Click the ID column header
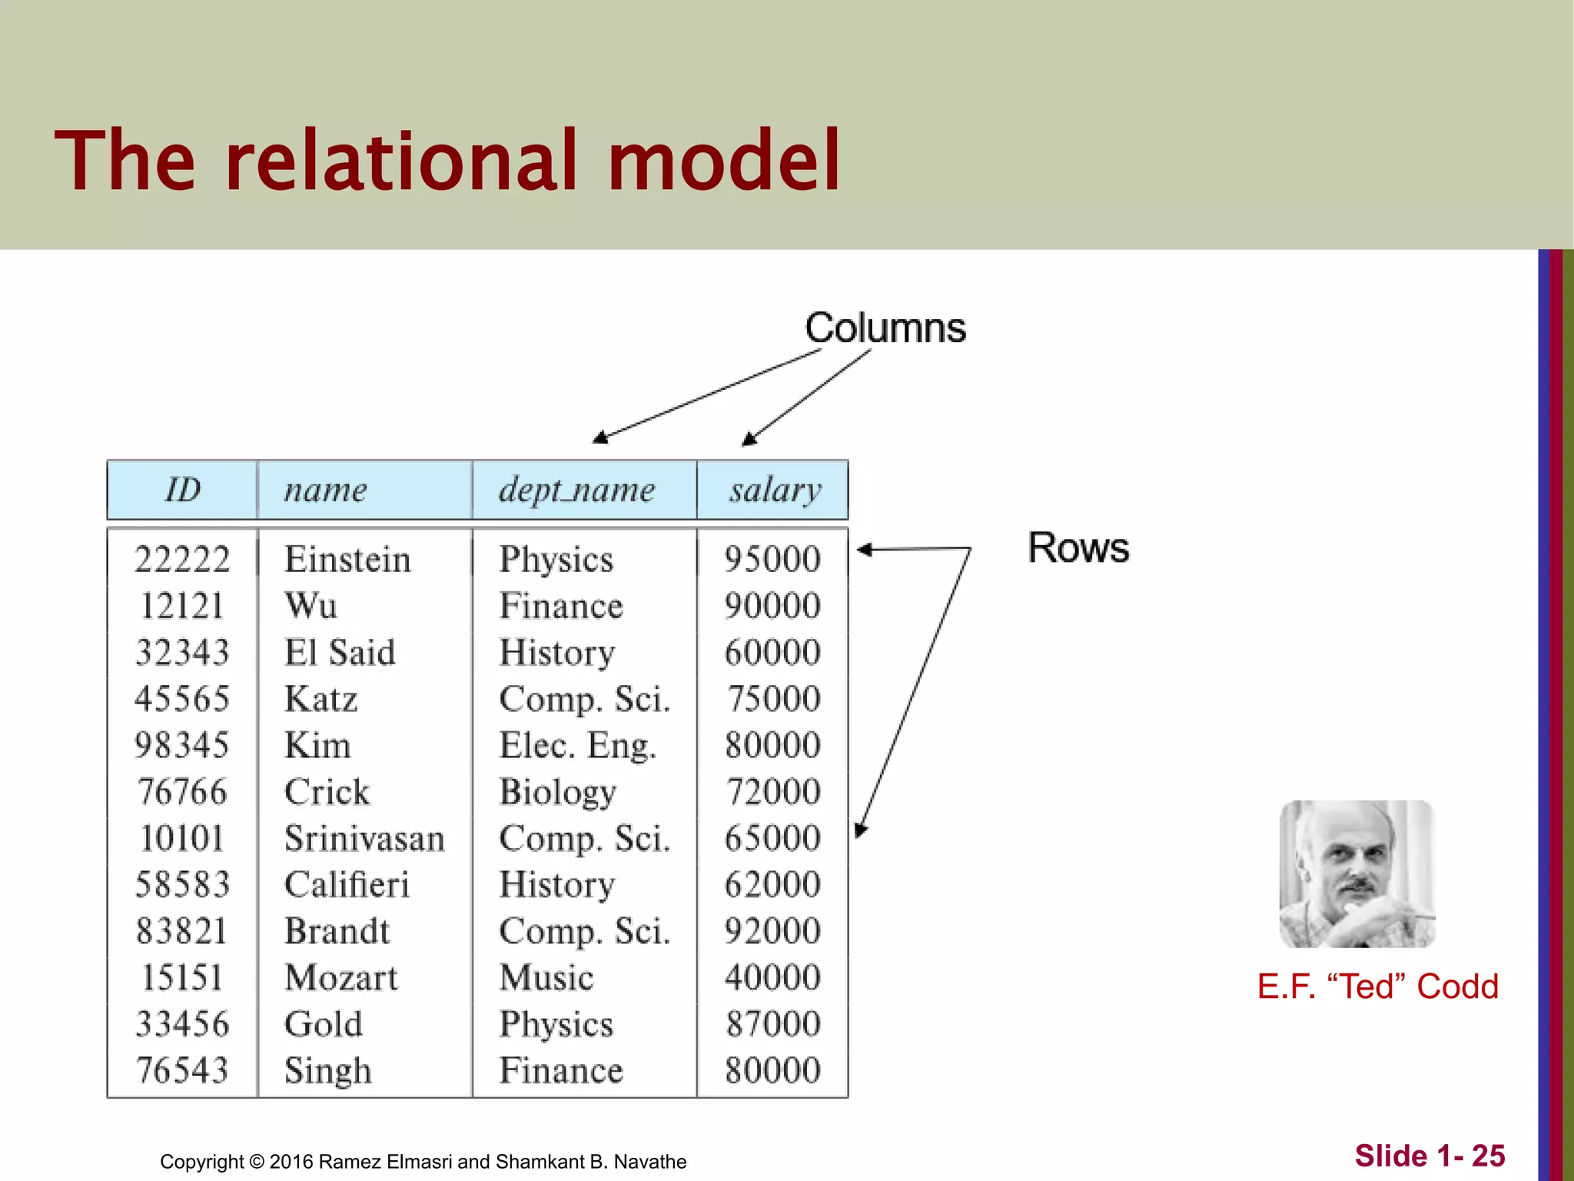(183, 490)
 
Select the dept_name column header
(576, 491)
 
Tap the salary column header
(775, 491)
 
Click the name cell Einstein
(347, 559)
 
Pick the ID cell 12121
(182, 606)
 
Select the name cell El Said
(340, 653)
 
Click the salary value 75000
(773, 699)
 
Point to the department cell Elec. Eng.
(578, 746)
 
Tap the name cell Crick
(327, 792)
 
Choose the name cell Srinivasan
(364, 838)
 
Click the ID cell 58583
(182, 885)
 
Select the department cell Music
(546, 978)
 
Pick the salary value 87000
(773, 1024)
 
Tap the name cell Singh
(328, 1071)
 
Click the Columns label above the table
(885, 328)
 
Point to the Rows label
(1078, 548)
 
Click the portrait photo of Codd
(1356, 873)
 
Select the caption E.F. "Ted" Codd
(1377, 986)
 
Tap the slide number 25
(1488, 1156)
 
